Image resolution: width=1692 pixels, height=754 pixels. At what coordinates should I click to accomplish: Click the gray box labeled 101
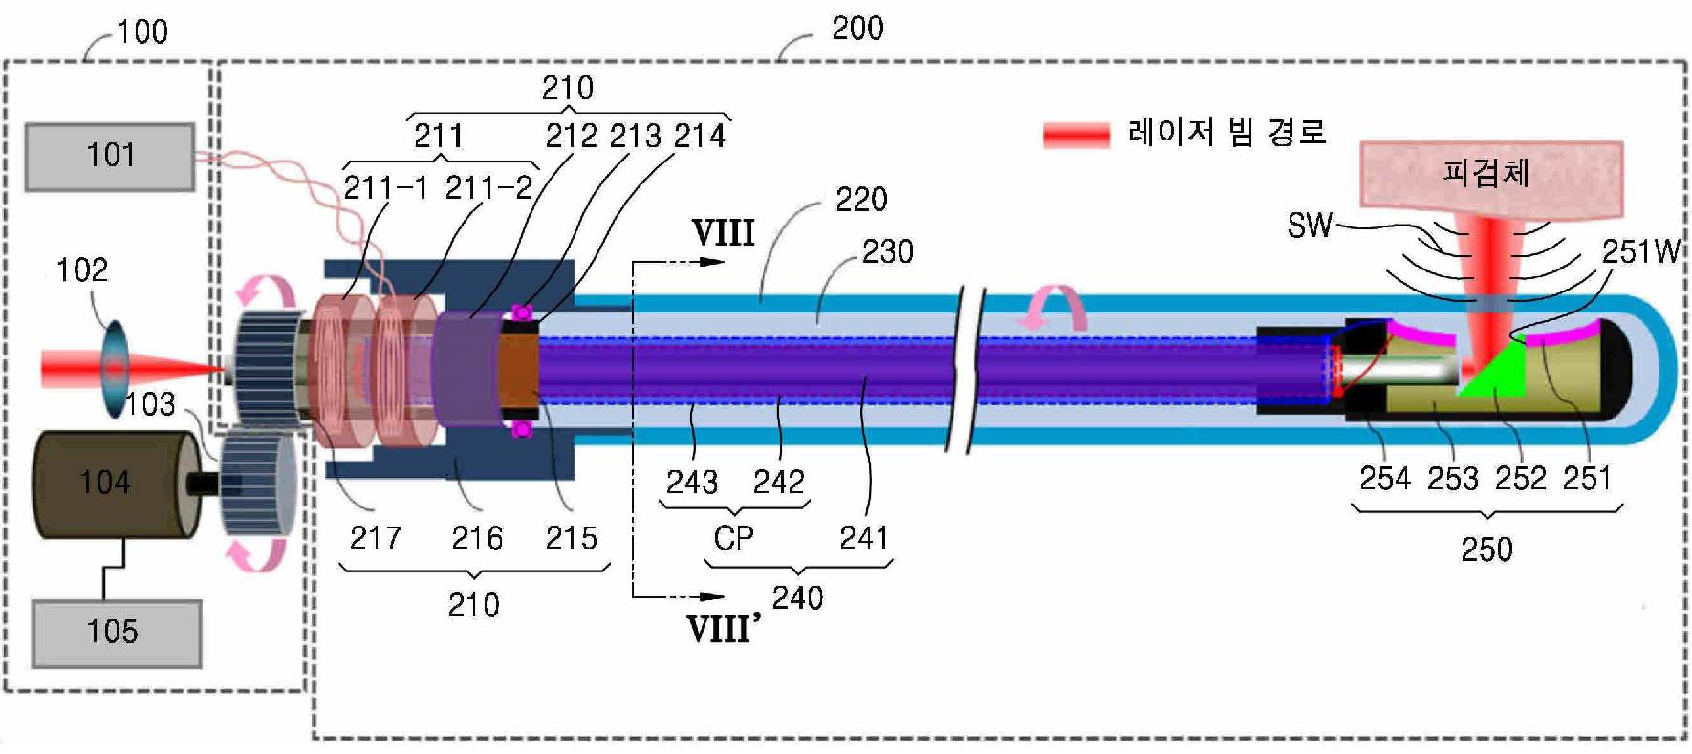click(x=110, y=156)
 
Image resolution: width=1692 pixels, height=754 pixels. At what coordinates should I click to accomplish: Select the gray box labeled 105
click(x=116, y=632)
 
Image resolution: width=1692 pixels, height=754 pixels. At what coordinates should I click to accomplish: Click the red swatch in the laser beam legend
click(x=1075, y=135)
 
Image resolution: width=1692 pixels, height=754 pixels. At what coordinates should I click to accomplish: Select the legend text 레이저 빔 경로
click(x=1227, y=132)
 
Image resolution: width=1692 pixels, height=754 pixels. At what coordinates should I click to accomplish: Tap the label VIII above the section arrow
click(x=723, y=232)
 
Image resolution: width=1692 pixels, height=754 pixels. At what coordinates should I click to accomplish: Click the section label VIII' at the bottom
click(x=723, y=629)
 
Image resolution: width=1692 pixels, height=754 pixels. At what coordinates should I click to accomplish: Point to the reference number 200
click(x=857, y=29)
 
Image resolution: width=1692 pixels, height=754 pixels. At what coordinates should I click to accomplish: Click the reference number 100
click(x=142, y=32)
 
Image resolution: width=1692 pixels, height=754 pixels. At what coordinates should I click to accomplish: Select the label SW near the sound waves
click(x=1309, y=226)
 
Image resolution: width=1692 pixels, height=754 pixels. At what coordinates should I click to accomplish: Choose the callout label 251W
click(x=1640, y=251)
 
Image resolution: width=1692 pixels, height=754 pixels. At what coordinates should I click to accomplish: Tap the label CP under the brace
click(x=733, y=539)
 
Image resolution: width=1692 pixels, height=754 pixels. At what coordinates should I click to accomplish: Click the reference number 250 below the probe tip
click(x=1486, y=549)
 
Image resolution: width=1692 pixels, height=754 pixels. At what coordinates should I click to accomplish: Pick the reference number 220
click(x=861, y=200)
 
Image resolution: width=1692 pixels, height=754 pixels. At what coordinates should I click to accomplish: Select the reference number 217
click(x=375, y=538)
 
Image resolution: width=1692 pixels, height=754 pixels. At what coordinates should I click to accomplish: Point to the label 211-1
click(x=385, y=187)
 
